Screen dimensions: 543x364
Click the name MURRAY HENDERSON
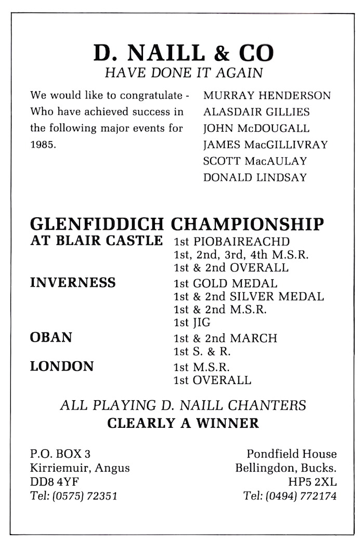click(x=267, y=96)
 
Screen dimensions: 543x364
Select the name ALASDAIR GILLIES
click(x=256, y=112)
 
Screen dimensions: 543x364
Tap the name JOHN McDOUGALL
click(x=256, y=128)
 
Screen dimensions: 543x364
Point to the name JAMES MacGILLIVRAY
click(x=266, y=144)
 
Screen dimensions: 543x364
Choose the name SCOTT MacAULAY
click(x=255, y=161)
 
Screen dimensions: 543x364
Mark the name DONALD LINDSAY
click(x=255, y=177)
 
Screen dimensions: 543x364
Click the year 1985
click(x=42, y=144)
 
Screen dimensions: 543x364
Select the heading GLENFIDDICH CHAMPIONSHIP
click(x=177, y=224)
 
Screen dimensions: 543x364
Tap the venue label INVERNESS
click(x=73, y=282)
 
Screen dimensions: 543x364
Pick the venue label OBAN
click(x=51, y=337)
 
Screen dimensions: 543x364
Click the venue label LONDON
click(x=62, y=366)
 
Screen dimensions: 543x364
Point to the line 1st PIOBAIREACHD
click(x=231, y=241)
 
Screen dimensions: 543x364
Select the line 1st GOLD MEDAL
click(x=225, y=283)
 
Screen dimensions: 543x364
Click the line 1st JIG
click(x=192, y=323)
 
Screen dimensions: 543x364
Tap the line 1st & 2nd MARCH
click(x=225, y=338)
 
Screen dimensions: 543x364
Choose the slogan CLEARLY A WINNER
click(x=183, y=423)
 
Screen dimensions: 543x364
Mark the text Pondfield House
click(x=291, y=453)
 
